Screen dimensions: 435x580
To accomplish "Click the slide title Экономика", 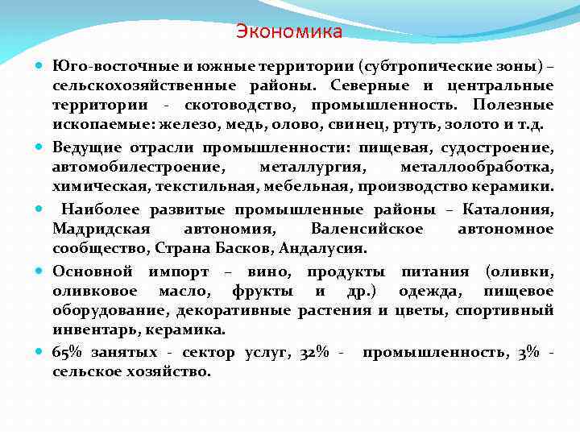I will click(289, 32).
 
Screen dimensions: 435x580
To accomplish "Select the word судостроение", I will click(501, 147).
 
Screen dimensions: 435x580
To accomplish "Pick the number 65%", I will click(68, 353).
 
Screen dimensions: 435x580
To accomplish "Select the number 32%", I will click(315, 353).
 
